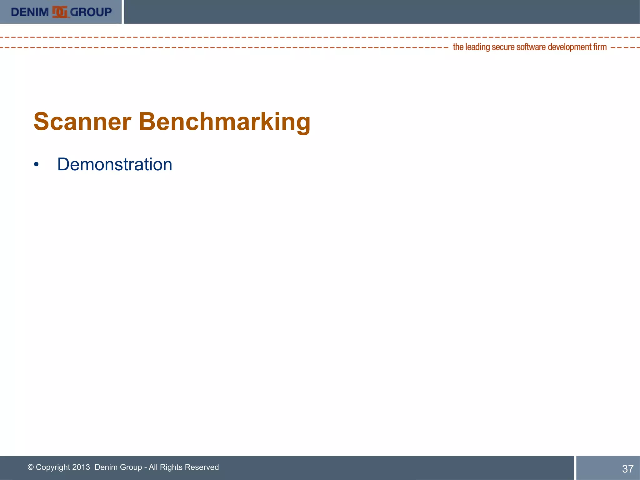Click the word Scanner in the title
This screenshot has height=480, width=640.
coord(82,122)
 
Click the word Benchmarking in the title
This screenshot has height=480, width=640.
coord(224,122)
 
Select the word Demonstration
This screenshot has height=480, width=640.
coord(115,164)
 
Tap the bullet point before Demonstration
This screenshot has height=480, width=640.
coord(37,165)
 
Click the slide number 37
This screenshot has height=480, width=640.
coord(627,469)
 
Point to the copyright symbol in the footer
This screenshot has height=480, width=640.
coord(31,467)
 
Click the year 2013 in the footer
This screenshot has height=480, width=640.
coord(81,467)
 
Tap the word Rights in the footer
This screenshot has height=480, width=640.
coord(171,467)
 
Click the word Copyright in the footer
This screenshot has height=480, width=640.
coord(53,467)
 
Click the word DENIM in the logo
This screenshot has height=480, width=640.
coord(30,12)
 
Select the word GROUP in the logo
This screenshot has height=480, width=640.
coord(91,12)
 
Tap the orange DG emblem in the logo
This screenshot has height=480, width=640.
coord(60,12)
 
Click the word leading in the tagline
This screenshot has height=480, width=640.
coord(477,47)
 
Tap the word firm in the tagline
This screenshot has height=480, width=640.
coord(600,47)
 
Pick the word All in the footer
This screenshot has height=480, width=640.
coord(153,467)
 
